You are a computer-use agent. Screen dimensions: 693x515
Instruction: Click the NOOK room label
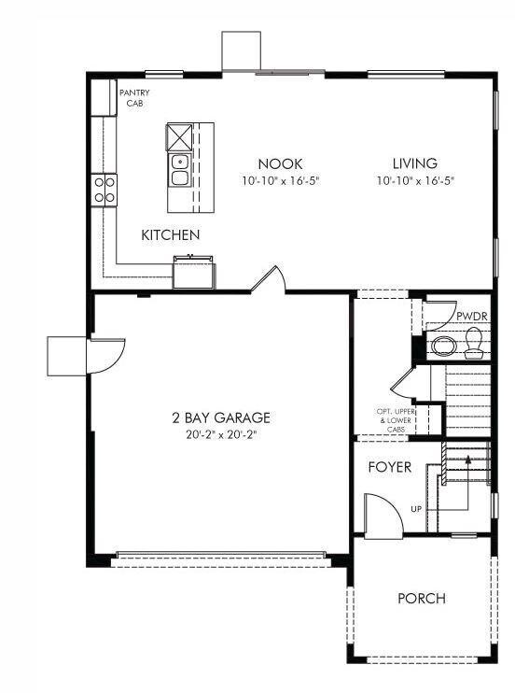tap(280, 163)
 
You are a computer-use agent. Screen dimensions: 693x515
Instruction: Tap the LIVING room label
tap(414, 163)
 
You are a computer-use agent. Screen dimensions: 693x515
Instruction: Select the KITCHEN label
tap(171, 234)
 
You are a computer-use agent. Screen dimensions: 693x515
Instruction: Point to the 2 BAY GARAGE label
tap(220, 417)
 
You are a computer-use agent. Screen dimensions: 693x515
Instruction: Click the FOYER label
tap(389, 466)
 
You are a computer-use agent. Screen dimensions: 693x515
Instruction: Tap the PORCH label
tap(421, 599)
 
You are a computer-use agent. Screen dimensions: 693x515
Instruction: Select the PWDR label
tap(471, 316)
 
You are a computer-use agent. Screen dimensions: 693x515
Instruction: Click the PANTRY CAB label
tap(135, 97)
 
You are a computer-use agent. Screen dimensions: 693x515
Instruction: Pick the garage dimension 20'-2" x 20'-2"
tap(220, 435)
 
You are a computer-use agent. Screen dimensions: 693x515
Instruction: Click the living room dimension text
tap(414, 181)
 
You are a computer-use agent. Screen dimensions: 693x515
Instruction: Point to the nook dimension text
tap(280, 181)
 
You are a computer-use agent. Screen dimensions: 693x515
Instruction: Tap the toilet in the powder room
tap(474, 343)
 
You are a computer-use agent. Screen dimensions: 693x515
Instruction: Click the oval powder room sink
tap(444, 347)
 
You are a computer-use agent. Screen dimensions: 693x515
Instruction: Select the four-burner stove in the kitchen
tap(104, 190)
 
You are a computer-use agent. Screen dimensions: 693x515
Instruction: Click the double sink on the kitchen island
tap(179, 171)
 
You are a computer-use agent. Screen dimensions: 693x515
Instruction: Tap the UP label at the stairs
tap(415, 509)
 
